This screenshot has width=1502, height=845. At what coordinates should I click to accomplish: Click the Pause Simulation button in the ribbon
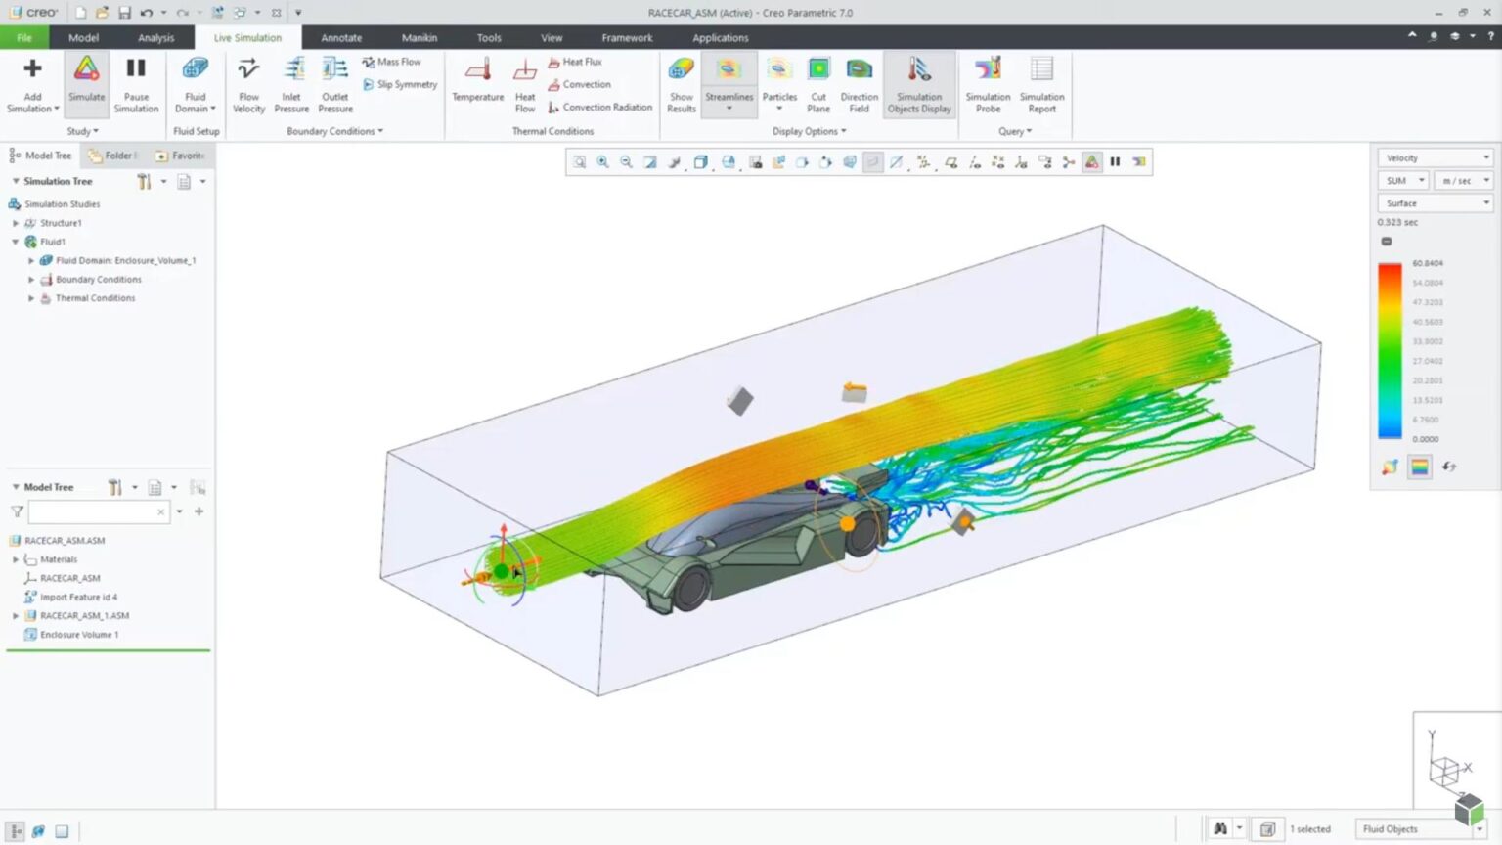[x=136, y=82]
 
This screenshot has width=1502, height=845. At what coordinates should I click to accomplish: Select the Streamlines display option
[x=729, y=82]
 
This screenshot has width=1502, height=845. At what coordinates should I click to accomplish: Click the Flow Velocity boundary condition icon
[x=248, y=82]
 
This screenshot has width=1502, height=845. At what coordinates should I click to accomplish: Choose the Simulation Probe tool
[x=988, y=82]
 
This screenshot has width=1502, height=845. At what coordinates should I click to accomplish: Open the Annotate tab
[x=341, y=38]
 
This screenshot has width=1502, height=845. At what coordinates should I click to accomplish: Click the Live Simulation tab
[x=247, y=38]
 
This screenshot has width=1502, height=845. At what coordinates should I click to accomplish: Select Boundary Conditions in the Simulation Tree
[x=98, y=280]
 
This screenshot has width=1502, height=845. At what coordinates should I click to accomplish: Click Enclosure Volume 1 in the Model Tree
[x=79, y=635]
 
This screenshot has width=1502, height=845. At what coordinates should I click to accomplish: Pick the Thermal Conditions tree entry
[x=95, y=298]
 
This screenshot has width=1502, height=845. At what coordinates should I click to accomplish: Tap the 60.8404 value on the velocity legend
[x=1428, y=263]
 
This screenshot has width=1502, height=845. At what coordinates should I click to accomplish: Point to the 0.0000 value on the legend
[x=1426, y=439]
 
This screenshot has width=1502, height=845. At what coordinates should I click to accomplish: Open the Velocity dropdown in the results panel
[x=1435, y=157]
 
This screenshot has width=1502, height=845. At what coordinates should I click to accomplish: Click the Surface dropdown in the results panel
[x=1435, y=203]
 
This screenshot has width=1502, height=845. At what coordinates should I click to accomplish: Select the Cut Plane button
[x=818, y=82]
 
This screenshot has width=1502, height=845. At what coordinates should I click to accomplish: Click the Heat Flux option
[x=582, y=62]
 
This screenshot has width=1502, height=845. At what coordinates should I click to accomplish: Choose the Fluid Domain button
[x=196, y=82]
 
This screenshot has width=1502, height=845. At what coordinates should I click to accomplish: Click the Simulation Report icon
[x=1041, y=82]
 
